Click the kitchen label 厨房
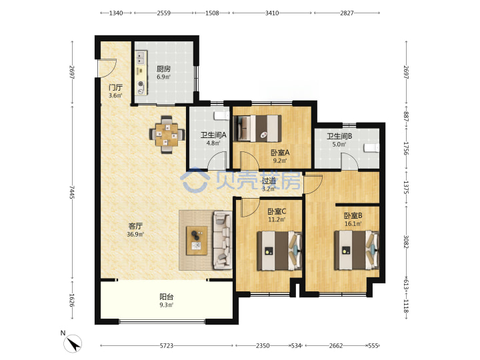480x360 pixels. pos(163,69)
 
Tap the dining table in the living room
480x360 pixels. pos(167,135)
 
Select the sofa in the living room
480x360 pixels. pos(222,240)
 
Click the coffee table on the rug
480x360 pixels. pos(197,240)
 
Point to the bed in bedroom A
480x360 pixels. pos(257,129)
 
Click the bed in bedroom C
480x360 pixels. pos(279,251)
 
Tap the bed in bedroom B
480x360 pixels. pos(357,250)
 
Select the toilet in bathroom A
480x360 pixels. pos(221,115)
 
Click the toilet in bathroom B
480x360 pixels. pos(371,148)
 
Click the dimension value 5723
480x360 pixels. pos(167,345)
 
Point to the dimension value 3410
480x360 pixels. pos(272,13)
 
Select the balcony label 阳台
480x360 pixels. pos(167,297)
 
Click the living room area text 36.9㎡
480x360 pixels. pos(135,235)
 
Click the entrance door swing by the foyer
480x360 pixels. pos(107,68)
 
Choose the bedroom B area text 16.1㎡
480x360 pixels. pos(353,224)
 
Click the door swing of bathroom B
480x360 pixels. pos(349,161)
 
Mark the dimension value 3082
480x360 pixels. pos(406,242)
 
